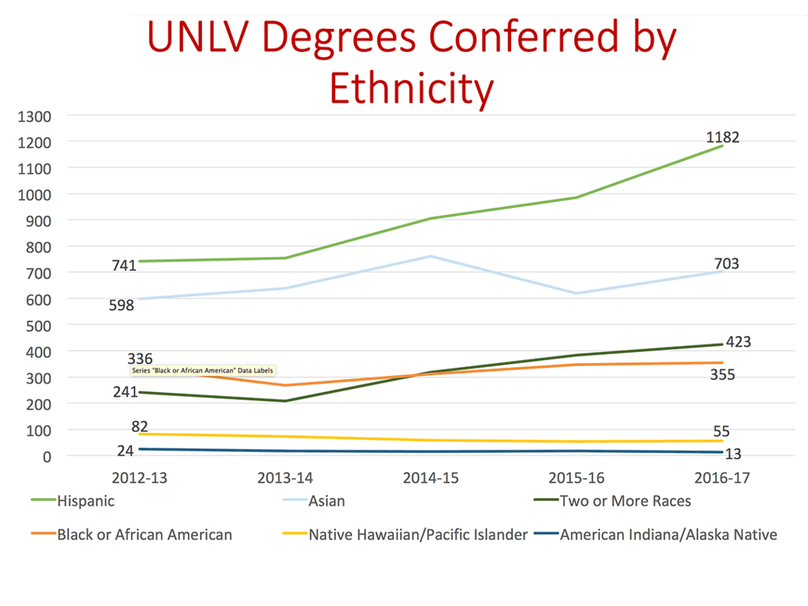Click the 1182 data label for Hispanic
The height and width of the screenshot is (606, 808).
(722, 138)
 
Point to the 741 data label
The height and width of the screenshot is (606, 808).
(124, 266)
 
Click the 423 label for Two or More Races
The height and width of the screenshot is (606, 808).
(737, 342)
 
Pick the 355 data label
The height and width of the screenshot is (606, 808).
(722, 374)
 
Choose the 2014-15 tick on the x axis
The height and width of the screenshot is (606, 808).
(431, 478)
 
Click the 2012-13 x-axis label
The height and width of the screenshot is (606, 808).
(138, 478)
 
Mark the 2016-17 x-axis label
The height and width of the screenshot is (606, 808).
(722, 478)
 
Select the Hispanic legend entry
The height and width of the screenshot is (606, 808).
(86, 500)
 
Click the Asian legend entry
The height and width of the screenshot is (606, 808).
(327, 500)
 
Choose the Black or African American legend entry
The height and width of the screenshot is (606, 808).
(145, 534)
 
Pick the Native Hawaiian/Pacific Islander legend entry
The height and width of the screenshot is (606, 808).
(417, 534)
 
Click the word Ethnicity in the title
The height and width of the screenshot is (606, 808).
(411, 90)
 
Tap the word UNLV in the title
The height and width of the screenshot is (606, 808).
(201, 39)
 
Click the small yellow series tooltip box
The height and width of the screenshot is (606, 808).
(202, 370)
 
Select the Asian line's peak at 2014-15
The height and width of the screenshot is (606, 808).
(431, 256)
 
